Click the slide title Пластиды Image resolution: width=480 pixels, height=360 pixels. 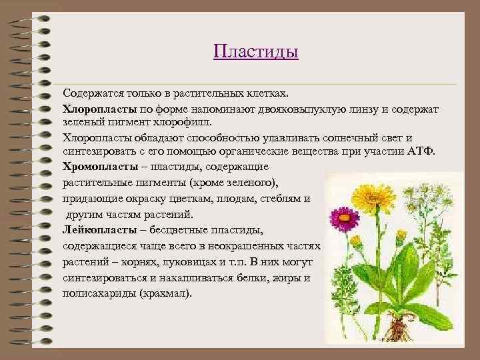coord(255,51)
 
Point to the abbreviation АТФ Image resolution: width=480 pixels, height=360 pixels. coord(420,153)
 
